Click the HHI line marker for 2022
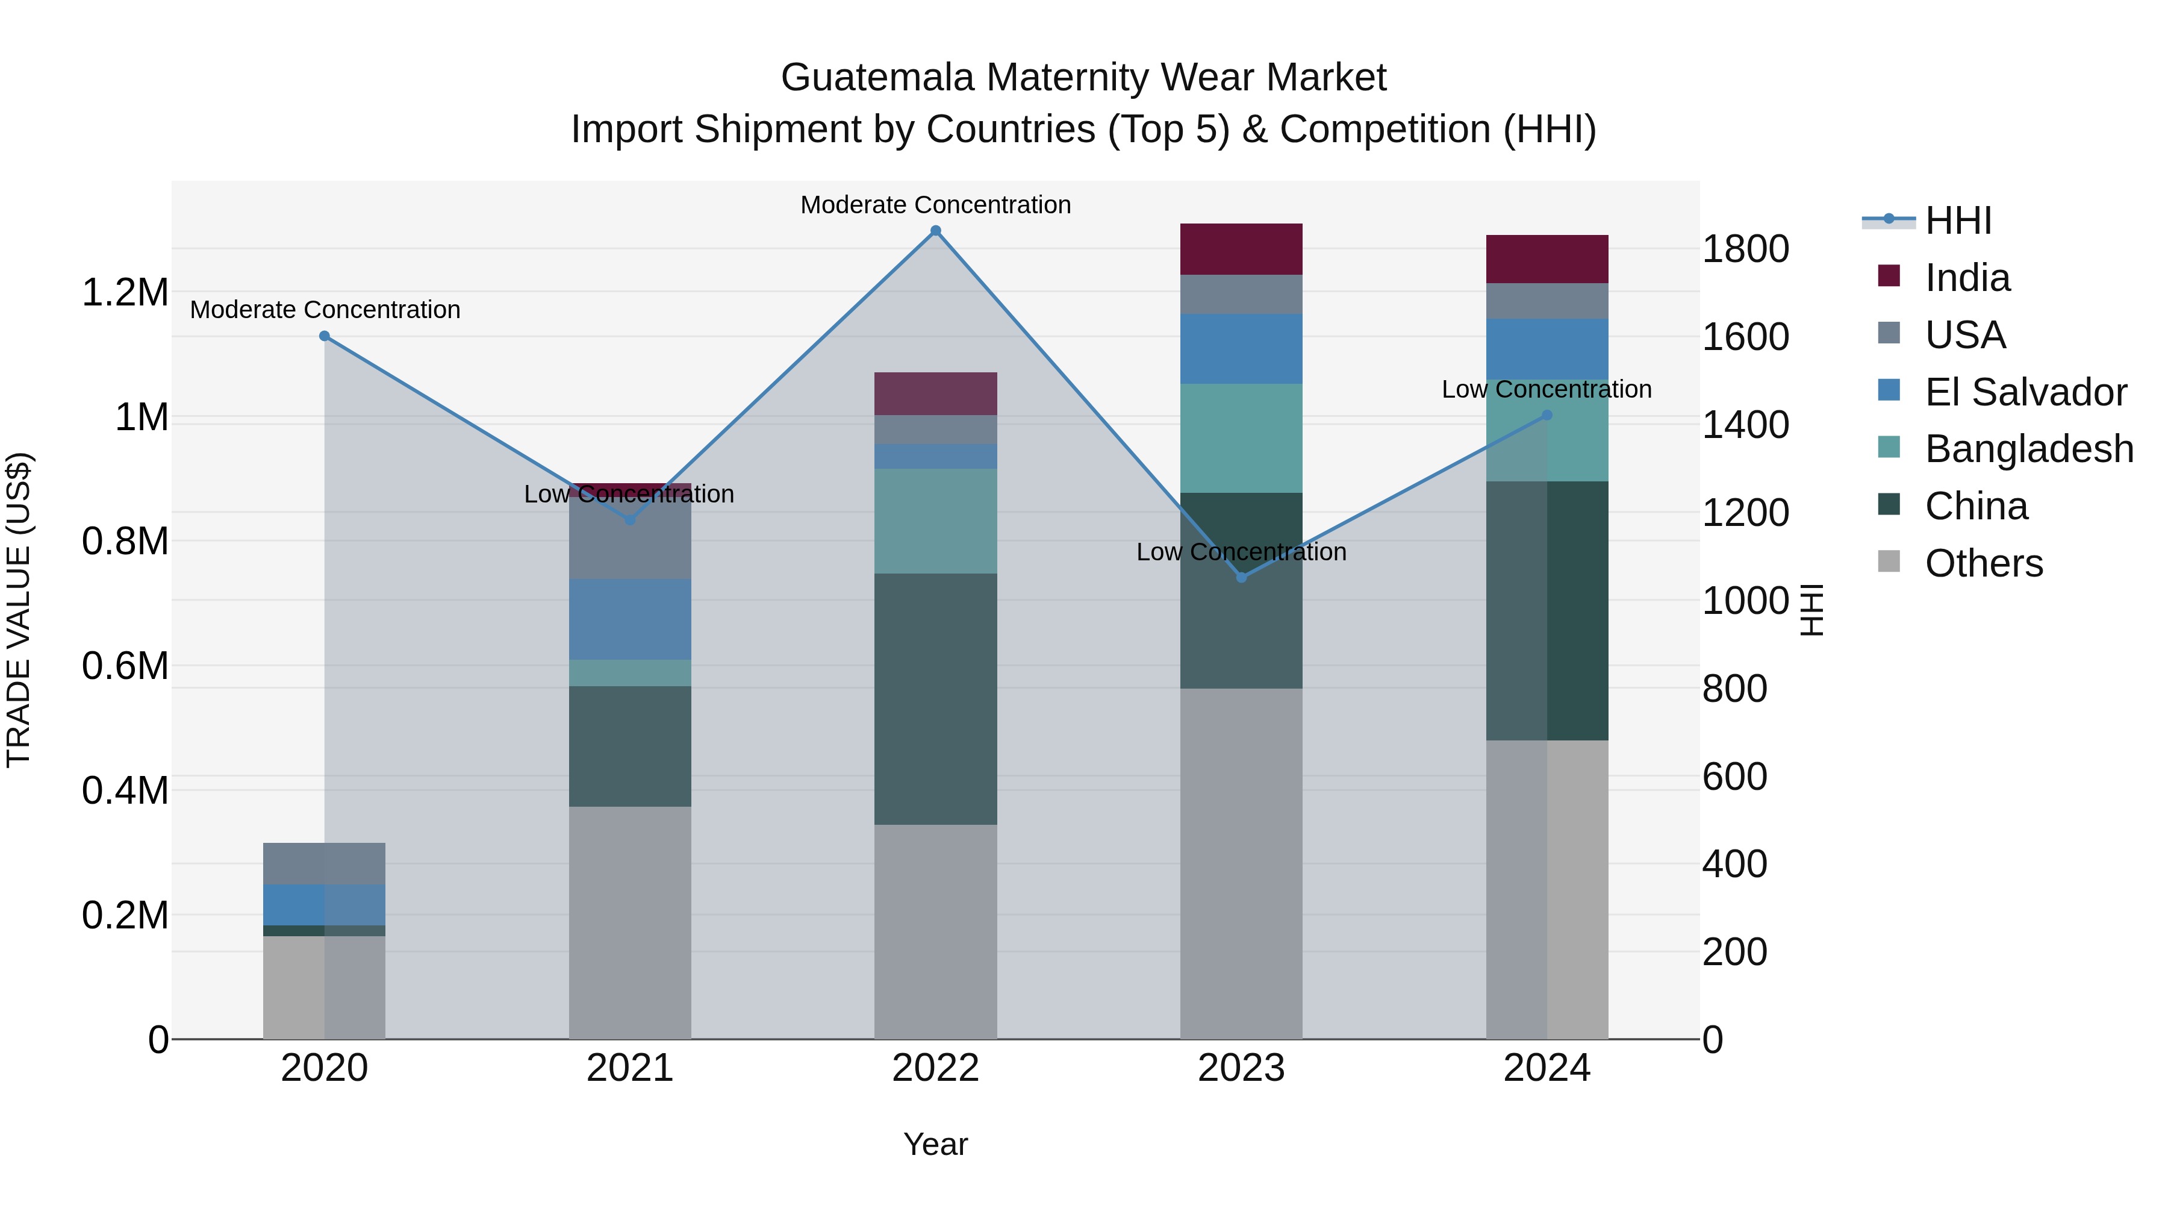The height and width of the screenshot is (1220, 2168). [935, 231]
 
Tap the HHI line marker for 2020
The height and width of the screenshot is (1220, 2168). [324, 336]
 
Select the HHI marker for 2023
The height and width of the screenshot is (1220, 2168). [1241, 578]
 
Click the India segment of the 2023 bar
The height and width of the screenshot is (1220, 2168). [1241, 249]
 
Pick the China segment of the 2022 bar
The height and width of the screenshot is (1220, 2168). [935, 699]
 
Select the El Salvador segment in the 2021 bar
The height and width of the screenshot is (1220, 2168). [629, 620]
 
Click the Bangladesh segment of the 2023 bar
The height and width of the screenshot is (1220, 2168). [1241, 438]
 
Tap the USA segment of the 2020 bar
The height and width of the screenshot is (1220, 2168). [324, 863]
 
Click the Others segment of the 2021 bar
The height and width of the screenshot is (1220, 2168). [629, 922]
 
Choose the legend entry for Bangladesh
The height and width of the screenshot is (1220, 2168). [2028, 449]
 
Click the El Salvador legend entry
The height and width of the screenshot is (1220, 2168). [2025, 392]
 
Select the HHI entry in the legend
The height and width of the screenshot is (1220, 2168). [1958, 221]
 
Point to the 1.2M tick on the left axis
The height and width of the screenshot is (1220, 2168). [125, 293]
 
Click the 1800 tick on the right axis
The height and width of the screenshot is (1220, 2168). [1745, 249]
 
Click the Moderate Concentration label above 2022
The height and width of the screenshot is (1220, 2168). [935, 205]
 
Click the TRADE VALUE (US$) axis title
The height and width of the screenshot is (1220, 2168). [19, 610]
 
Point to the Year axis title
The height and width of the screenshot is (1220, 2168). [935, 1144]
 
